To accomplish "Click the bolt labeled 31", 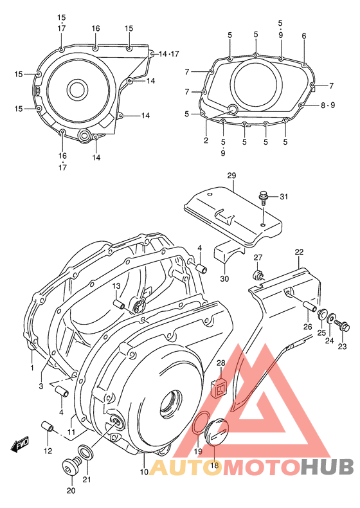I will (x=264, y=197).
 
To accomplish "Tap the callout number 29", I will (x=231, y=176).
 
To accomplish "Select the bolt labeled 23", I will (x=342, y=327).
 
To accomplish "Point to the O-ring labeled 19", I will (x=201, y=425).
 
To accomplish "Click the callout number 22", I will (x=299, y=251).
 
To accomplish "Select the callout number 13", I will (x=117, y=286).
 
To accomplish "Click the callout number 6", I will (x=304, y=35).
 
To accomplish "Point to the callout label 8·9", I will (x=326, y=105).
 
